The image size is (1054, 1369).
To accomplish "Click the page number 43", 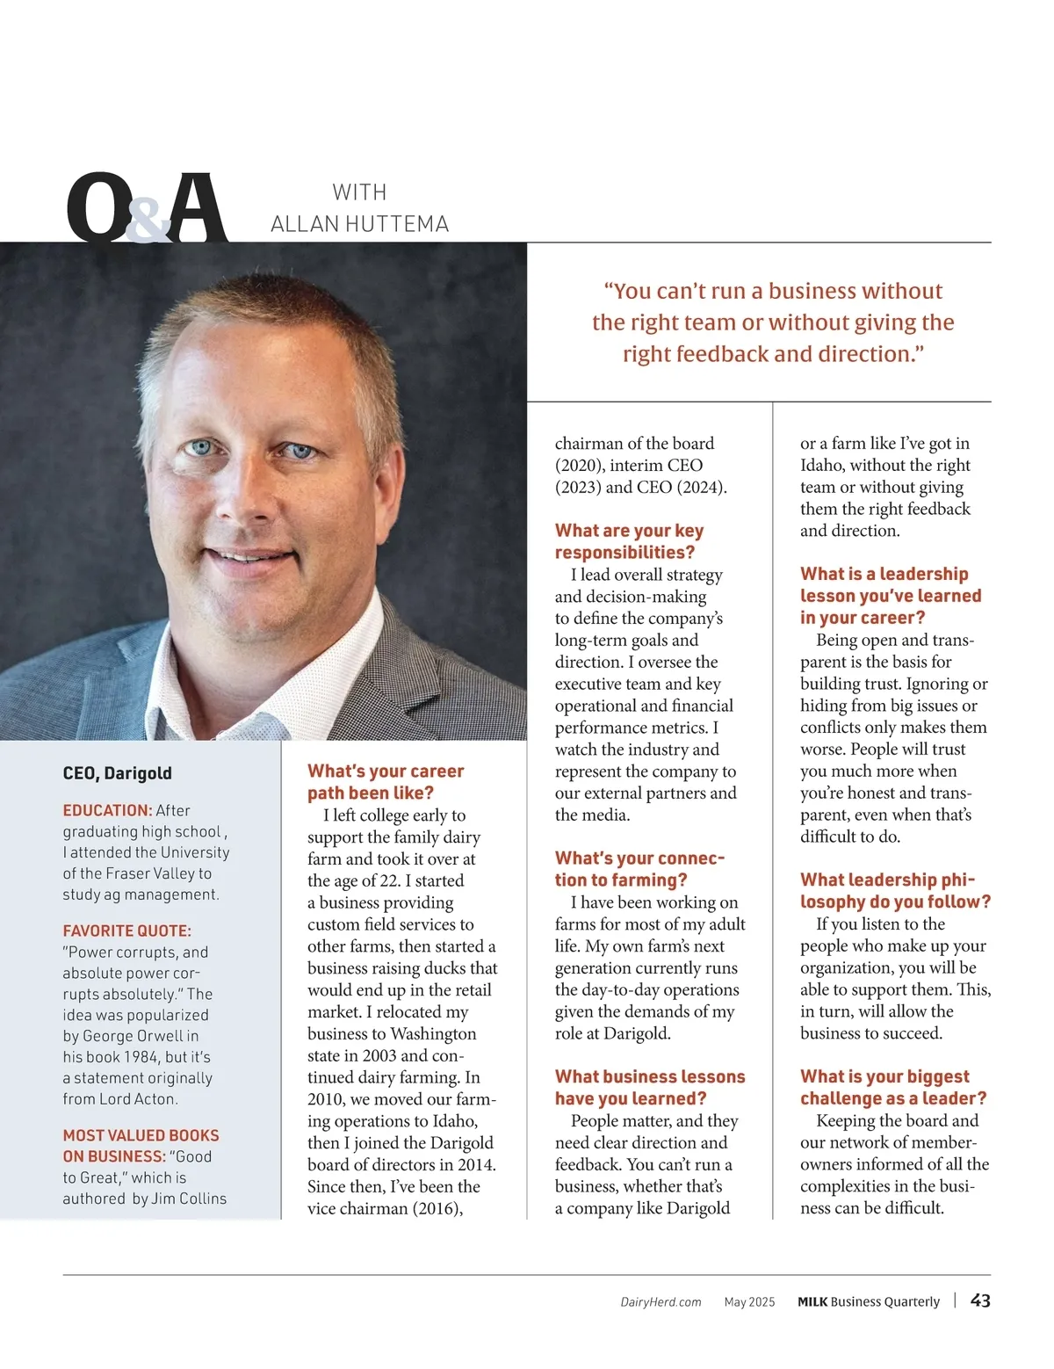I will [980, 1300].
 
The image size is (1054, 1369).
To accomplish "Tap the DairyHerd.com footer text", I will [661, 1302].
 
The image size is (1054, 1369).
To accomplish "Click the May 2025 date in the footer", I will [749, 1302].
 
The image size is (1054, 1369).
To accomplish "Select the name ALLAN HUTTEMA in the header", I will [359, 224].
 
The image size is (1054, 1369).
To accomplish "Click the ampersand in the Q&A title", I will [148, 220].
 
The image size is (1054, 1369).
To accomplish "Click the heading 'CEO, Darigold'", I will [117, 773].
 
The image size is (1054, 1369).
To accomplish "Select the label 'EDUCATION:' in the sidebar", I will [107, 810].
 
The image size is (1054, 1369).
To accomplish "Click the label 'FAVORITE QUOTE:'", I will [126, 931].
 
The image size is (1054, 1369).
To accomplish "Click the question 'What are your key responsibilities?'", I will [629, 541].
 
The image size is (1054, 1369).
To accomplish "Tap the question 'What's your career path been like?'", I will [385, 782].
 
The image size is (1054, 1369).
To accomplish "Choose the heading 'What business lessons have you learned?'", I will [649, 1088].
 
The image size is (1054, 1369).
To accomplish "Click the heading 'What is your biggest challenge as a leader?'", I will [892, 1088].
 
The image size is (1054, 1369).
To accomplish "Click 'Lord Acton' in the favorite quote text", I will [141, 1099].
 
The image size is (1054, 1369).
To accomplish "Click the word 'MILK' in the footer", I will [812, 1302].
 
